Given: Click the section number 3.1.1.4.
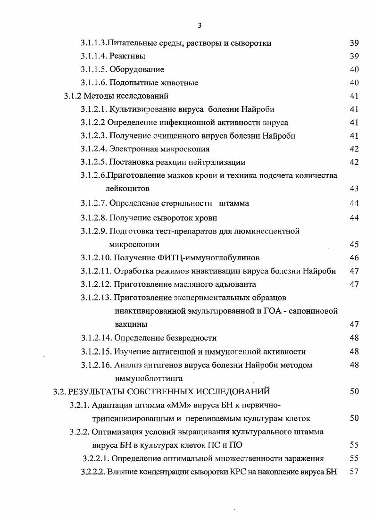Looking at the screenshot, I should click(94, 56).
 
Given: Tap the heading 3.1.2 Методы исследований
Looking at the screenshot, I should click(116, 96).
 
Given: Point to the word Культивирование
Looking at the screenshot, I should click(139, 109).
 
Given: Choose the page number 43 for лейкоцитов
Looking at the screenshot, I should click(354, 189).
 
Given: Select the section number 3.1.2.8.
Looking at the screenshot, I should click(94, 218).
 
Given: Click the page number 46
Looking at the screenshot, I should click(354, 257).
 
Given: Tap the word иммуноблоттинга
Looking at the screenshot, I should click(148, 378).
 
